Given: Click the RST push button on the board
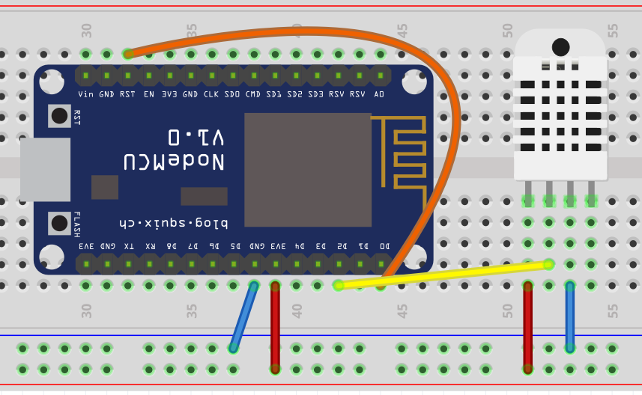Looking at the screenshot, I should coord(59,116).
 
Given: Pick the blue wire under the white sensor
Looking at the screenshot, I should coord(570,316).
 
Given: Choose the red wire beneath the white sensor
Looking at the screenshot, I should coord(528,327).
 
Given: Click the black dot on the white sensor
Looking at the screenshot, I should coord(560,47).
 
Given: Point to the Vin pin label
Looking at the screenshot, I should coord(86,94).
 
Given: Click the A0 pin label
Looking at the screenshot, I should coord(380,94).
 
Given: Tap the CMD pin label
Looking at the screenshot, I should coord(253,94).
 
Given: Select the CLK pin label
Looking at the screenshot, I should coord(211,94).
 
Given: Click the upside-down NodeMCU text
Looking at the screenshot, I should coord(175,162).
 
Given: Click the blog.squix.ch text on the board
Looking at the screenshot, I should coord(173,223).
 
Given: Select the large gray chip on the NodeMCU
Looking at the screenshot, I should coord(308,170).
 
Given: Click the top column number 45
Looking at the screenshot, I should coord(402,31).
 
